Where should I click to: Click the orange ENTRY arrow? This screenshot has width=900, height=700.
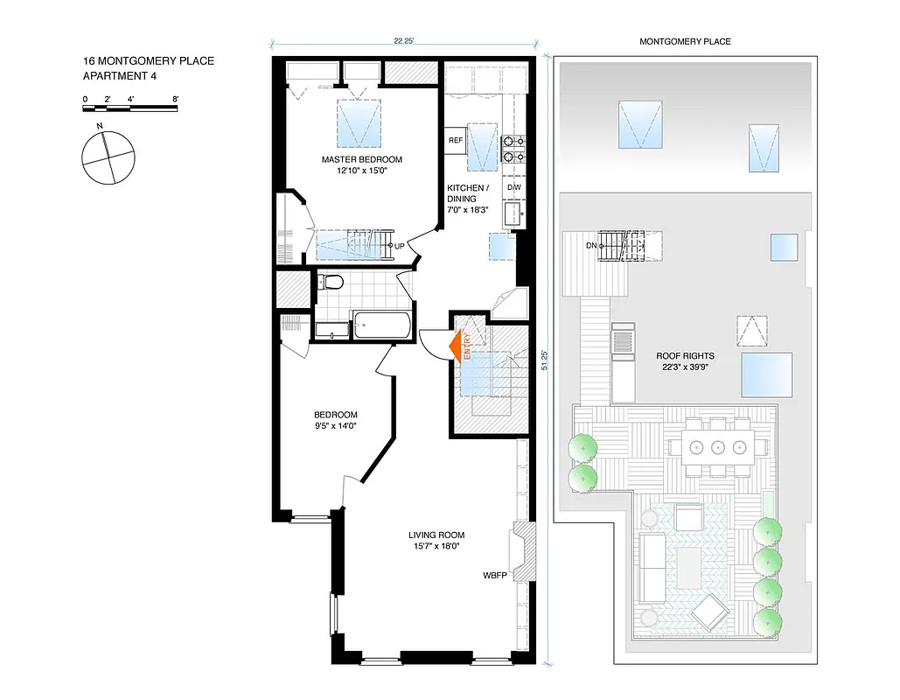coord(457,346)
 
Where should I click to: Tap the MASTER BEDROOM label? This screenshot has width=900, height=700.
coord(361,159)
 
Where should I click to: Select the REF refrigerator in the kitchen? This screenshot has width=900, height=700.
coord(455,140)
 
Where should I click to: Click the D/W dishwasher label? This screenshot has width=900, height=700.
coord(513,187)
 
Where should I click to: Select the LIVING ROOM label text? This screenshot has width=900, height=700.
coord(436,535)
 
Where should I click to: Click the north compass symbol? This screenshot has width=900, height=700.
coord(108,157)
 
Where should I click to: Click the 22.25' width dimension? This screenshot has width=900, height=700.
coord(403,40)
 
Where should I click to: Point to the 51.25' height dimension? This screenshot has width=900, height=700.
coord(544,360)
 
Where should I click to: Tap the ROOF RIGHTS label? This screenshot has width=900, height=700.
coord(685,356)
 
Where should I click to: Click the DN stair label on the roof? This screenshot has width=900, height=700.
coord(592,246)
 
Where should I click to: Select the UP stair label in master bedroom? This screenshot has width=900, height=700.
coord(399,246)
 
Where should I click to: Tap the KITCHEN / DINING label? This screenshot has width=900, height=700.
coord(462,193)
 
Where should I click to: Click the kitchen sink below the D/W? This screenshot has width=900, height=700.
coord(513,213)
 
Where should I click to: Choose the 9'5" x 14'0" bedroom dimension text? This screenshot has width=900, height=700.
coord(336,425)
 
